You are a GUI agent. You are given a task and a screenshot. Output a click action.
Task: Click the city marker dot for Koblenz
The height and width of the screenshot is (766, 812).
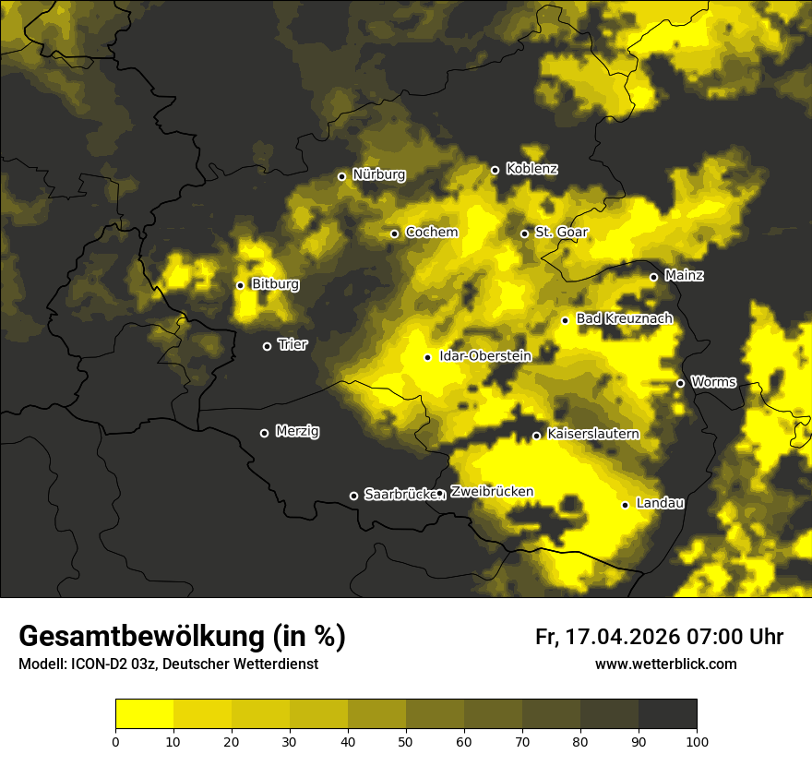495,170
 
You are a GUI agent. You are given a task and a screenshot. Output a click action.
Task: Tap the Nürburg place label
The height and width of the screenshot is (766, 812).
378,174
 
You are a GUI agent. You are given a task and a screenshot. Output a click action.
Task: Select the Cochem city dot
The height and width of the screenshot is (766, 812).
394,233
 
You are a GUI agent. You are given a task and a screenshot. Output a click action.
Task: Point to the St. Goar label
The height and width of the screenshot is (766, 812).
561,233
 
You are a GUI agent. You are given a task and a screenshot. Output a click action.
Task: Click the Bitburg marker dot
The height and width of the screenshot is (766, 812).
240,285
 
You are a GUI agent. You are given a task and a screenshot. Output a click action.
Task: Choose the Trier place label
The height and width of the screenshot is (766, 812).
293,344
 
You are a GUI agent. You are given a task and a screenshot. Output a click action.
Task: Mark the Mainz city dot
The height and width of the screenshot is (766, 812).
653,277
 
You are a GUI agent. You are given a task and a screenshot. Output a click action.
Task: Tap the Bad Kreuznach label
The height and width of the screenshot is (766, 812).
624,318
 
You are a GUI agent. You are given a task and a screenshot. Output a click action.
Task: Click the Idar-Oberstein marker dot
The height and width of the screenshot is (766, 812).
427,357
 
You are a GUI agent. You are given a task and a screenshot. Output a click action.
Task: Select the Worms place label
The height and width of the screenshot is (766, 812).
713,382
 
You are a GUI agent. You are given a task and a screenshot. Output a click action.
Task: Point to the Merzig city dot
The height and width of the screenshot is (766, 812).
264,433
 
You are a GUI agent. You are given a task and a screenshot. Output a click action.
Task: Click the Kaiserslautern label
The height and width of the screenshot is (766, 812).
593,434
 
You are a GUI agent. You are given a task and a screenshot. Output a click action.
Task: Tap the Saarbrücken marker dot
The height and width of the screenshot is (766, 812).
353,496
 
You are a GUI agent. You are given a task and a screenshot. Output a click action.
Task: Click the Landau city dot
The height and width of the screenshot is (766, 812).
625,505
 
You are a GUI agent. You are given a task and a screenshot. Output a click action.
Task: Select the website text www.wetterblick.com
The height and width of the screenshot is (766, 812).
665,664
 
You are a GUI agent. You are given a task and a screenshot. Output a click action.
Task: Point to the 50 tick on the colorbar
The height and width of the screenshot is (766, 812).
406,741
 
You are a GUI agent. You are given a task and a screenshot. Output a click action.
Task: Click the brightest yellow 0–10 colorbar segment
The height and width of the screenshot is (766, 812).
144,714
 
